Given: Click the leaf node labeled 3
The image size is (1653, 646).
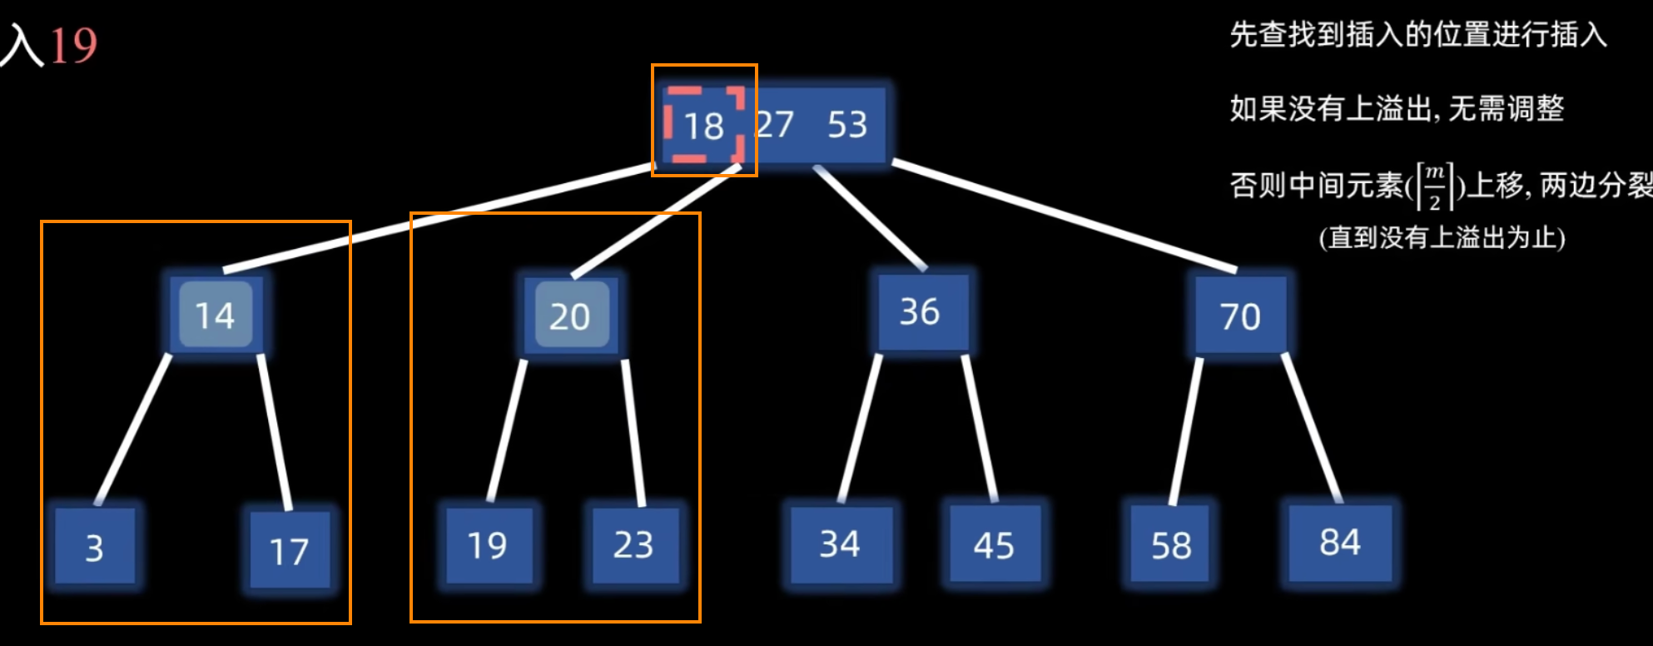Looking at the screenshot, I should pos(94,547).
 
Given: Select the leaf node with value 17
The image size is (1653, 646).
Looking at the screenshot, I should pos(290,550).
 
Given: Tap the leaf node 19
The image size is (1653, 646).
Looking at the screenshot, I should pos(488,545).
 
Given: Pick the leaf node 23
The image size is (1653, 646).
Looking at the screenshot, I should pos(634,544).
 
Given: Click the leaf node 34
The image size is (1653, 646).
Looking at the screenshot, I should pos(840,544).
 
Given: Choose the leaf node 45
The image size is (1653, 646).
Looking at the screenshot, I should pos(994,545).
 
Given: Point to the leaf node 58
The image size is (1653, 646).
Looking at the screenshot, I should pos(1170,545).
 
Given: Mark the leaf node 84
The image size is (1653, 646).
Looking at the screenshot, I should pos(1340,543).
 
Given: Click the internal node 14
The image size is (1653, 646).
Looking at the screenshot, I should pos(216,315).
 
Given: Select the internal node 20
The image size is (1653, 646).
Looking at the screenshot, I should pos(571,316).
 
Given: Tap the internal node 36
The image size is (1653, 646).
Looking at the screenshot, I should pos(921,311).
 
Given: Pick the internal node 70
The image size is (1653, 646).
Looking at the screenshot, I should pos(1240,316).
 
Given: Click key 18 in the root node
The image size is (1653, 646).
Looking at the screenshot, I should pos(704,126).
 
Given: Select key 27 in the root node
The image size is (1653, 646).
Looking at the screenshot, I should pos(776,125).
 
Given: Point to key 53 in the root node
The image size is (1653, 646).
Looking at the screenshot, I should pos(847,125).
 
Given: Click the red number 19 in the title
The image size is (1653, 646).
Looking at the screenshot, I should pos(73,45).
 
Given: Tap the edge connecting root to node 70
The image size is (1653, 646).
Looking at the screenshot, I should pos(1065,216).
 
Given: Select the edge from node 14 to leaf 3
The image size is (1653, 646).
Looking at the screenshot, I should pos(133,430).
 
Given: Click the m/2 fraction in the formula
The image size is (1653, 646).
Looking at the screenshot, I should pos(1434,186).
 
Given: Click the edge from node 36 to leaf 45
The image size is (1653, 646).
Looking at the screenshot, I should pos(980,428).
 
